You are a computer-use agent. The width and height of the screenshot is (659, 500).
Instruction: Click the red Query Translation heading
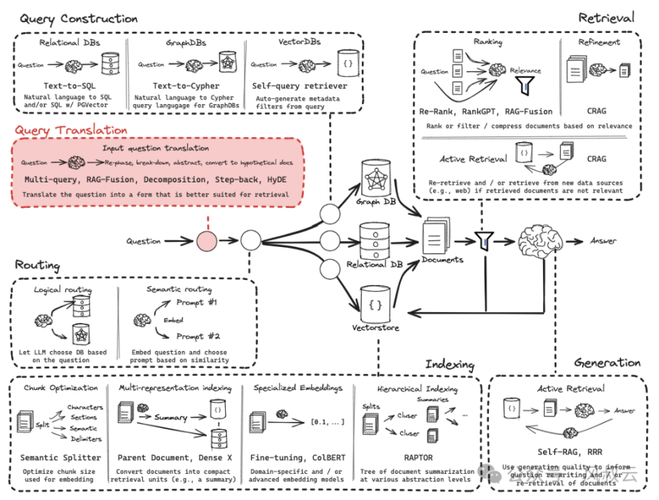[71, 130]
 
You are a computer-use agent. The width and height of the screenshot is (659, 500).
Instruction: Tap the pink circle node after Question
[207, 241]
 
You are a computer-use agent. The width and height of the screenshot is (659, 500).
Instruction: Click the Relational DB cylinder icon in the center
[375, 241]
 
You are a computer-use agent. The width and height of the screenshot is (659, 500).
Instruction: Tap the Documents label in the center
[442, 260]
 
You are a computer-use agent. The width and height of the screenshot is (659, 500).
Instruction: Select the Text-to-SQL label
[67, 86]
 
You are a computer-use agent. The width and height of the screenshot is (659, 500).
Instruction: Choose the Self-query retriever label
[299, 86]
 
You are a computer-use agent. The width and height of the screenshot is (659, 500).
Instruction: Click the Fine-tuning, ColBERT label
[297, 457]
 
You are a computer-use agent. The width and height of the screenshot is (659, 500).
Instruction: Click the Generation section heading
[607, 363]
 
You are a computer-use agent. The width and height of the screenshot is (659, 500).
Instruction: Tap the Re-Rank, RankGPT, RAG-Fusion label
[485, 111]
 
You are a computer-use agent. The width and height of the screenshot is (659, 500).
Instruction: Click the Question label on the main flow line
[143, 241]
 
